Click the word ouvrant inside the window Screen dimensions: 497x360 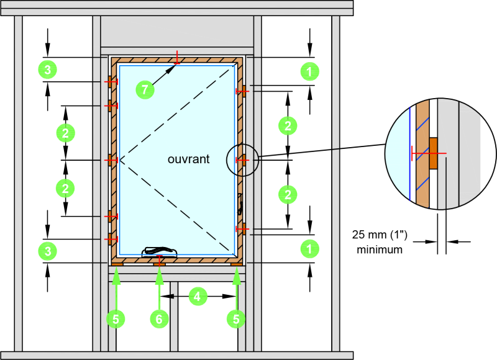(x=188, y=159)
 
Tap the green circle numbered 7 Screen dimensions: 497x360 (x=145, y=90)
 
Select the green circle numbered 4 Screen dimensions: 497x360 (x=198, y=297)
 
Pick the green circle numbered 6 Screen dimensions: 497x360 (x=159, y=319)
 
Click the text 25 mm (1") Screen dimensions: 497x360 (x=380, y=235)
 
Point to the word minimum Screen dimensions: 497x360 (x=380, y=250)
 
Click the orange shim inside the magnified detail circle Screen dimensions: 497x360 (x=433, y=153)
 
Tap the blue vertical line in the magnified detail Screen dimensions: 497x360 (x=409, y=154)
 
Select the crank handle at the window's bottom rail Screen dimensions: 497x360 (x=159, y=251)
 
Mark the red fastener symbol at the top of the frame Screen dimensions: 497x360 (x=177, y=57)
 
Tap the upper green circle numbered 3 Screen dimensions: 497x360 (x=48, y=70)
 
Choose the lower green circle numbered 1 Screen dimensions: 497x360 (x=309, y=249)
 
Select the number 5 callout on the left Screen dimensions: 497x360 (x=116, y=319)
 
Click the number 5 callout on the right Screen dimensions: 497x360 (x=236, y=319)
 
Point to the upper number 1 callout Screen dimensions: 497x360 (x=309, y=71)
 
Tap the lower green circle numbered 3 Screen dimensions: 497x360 (x=48, y=251)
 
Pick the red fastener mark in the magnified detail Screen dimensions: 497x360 (x=429, y=153)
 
